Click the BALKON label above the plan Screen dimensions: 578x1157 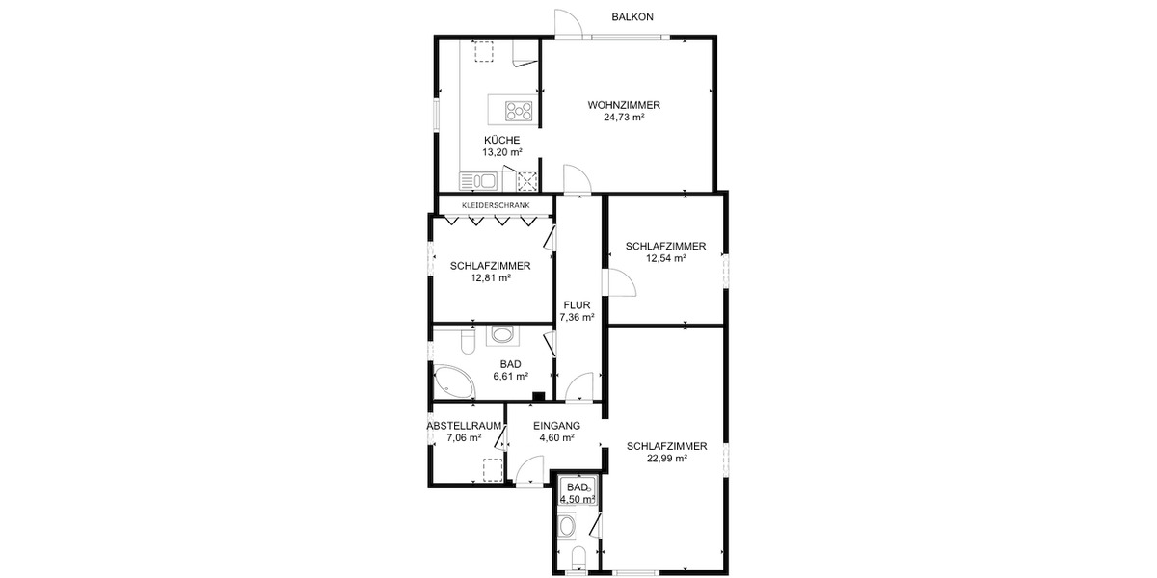(632, 17)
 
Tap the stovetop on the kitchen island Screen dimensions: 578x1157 (519, 110)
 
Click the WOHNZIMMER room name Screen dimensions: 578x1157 (624, 105)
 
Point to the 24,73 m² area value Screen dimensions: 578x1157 (624, 118)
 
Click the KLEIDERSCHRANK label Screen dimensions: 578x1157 (496, 205)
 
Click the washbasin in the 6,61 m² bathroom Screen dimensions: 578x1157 (501, 335)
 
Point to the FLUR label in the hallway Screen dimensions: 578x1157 (577, 304)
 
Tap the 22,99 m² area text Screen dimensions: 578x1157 (666, 459)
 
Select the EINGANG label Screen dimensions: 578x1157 (556, 425)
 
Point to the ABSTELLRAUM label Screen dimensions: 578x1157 (465, 425)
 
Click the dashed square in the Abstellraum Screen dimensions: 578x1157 (492, 469)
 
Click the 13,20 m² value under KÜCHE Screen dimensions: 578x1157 (502, 152)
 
